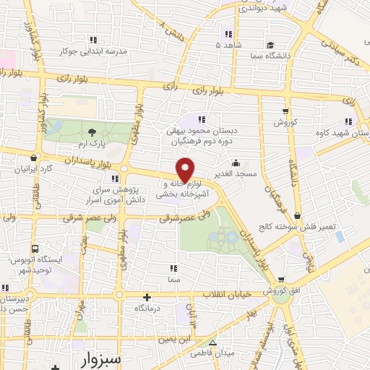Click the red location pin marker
click(186, 169)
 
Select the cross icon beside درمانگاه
click(147, 297)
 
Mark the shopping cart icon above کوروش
click(285, 111)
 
